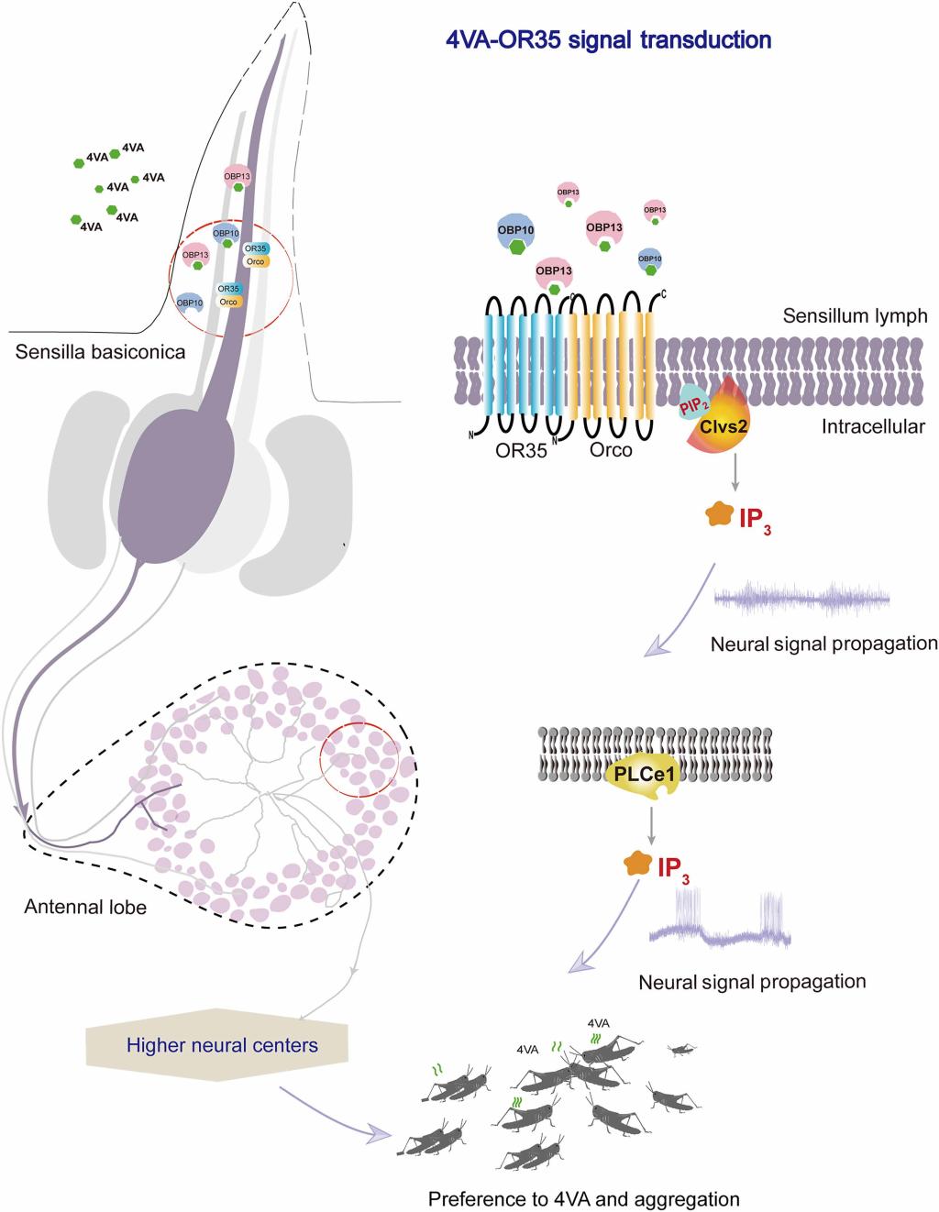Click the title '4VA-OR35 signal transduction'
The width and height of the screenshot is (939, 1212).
click(606, 40)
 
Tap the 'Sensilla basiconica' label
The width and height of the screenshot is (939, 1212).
click(101, 352)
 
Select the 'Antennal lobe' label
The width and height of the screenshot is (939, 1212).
click(85, 908)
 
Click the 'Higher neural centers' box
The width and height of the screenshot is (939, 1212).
click(222, 1044)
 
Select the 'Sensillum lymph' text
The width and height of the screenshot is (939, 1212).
click(855, 316)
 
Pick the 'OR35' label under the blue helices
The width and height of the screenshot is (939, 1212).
click(522, 450)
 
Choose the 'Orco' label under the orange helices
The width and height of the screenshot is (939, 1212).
click(611, 450)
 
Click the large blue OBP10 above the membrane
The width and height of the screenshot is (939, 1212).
click(517, 232)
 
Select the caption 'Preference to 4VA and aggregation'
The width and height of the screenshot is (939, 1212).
click(583, 1198)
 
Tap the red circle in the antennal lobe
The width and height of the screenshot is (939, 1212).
click(359, 758)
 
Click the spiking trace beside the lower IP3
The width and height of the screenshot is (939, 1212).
click(720, 922)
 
